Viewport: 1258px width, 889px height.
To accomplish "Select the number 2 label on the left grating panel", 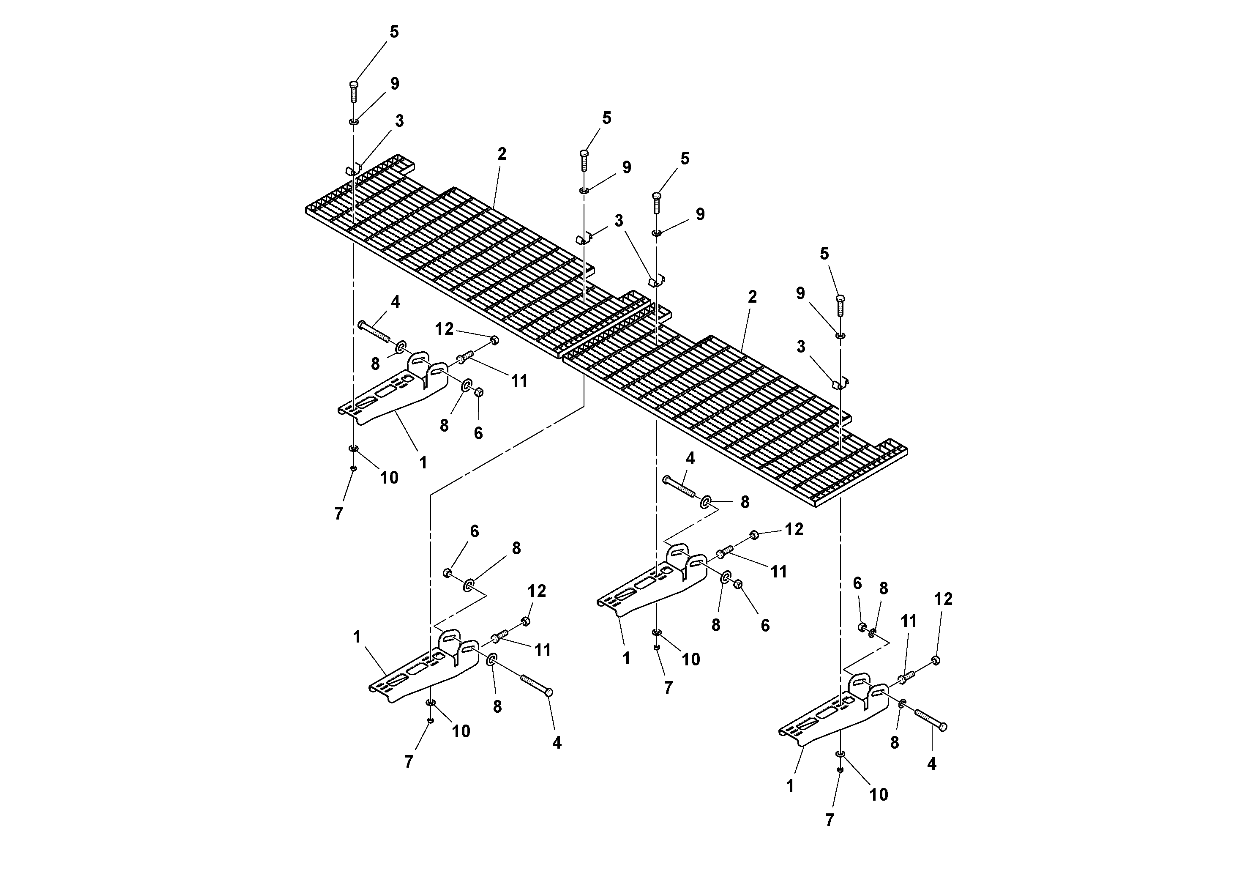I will [502, 154].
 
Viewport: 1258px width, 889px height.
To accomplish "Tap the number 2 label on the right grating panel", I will [752, 296].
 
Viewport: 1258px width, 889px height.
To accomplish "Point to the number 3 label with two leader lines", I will [619, 221].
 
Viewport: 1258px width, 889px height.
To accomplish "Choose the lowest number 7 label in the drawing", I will [830, 820].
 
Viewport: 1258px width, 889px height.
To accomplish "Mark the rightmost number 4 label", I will [931, 763].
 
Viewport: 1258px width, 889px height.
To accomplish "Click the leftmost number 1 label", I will [357, 637].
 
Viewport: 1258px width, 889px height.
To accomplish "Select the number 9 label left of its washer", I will [800, 294].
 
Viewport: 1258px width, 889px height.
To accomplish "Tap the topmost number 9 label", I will [395, 84].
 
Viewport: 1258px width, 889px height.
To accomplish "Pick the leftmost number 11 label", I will [519, 380].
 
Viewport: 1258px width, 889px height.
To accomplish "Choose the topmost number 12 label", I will [445, 329].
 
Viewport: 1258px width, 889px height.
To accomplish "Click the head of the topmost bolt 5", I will [353, 85].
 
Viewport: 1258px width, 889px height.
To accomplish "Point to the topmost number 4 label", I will [395, 301].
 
